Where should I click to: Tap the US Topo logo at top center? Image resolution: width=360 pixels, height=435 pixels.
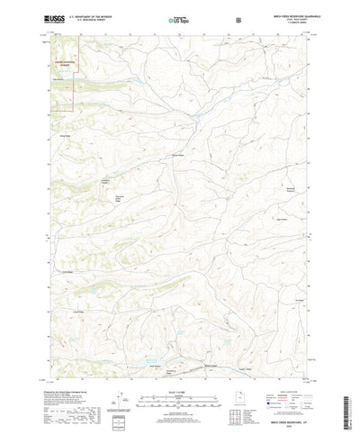coord(177,18)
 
